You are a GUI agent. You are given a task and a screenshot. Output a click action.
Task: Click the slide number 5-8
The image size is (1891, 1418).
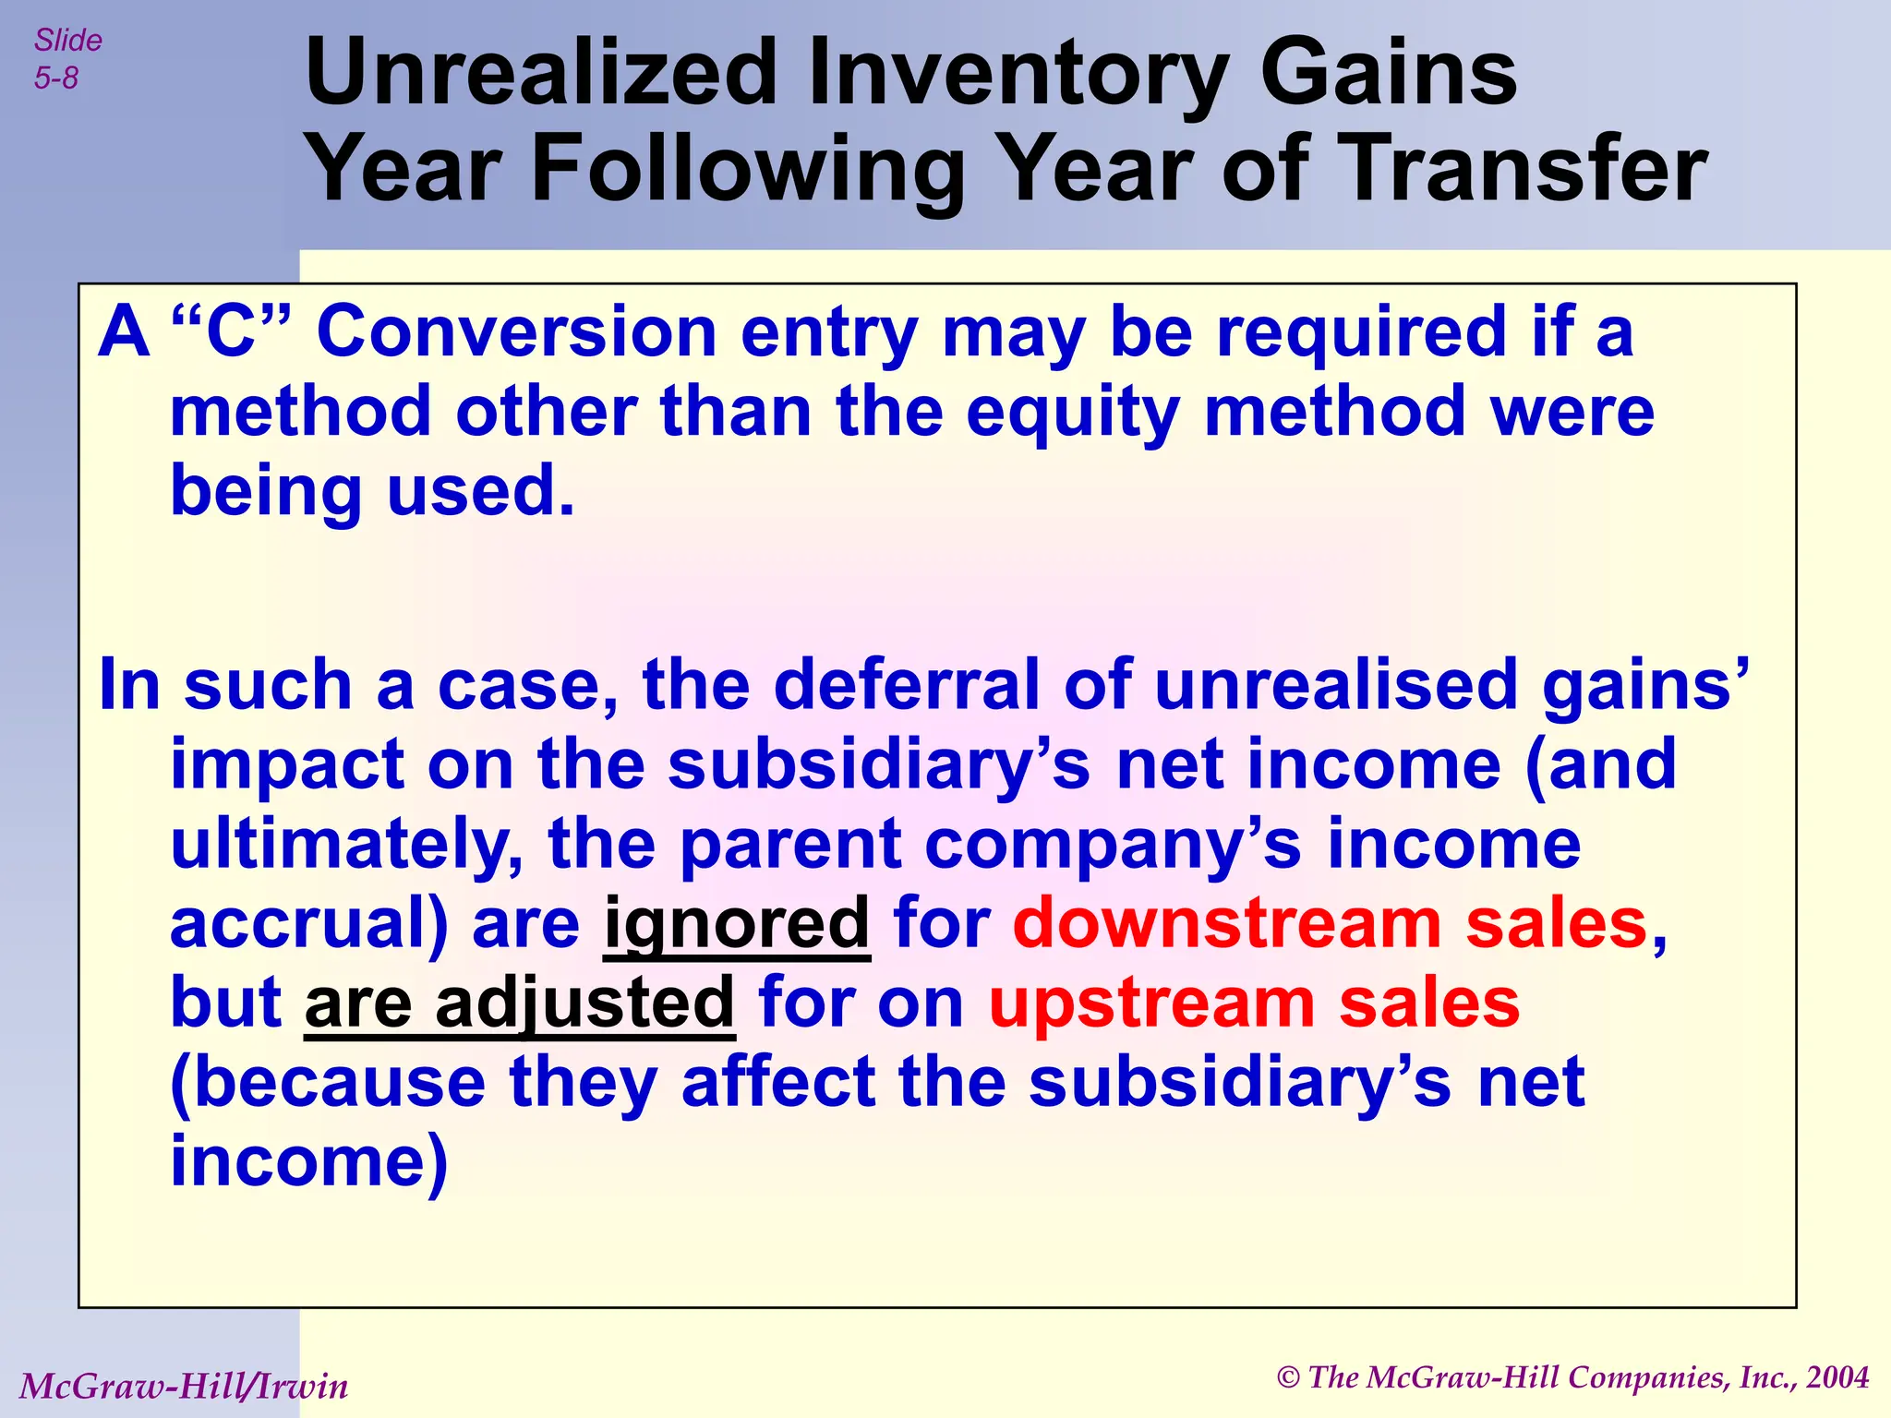tap(56, 78)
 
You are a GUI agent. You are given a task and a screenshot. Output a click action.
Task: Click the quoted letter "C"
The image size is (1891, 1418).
tap(230, 332)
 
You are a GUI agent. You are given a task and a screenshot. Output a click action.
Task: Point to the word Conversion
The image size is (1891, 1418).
tap(516, 332)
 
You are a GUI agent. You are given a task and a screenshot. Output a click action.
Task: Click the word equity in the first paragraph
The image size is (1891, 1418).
tap(1072, 412)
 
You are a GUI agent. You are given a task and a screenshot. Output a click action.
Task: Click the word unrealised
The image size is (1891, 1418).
tap(1335, 686)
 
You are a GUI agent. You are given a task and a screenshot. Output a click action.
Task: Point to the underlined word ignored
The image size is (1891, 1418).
tap(736, 923)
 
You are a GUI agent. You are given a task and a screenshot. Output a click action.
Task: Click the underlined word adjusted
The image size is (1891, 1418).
tap(584, 1003)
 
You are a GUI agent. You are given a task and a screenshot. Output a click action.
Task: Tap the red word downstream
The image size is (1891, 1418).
tap(1227, 923)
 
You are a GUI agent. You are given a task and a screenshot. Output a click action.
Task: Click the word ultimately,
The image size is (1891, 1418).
tap(346, 845)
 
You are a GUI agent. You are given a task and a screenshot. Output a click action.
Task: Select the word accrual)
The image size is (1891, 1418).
tap(309, 923)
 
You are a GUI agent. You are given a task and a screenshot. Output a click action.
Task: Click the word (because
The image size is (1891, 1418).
tap(328, 1083)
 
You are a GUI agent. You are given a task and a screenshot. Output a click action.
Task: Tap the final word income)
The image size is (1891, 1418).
tap(309, 1161)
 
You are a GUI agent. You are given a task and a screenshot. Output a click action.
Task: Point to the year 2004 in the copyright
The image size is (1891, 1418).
tap(1837, 1377)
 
